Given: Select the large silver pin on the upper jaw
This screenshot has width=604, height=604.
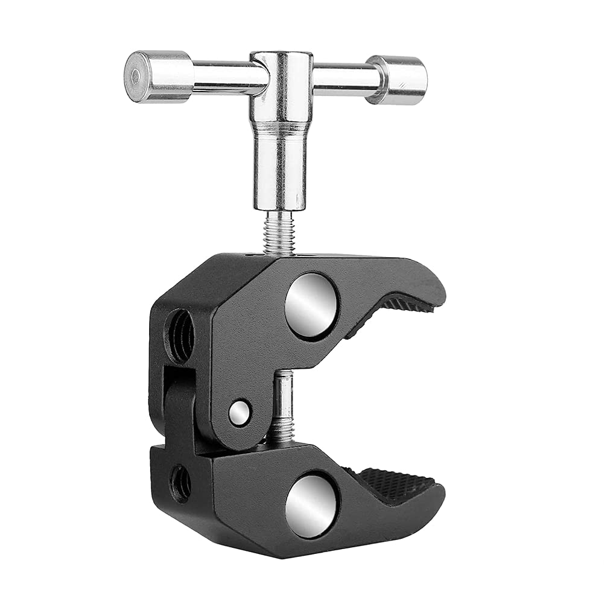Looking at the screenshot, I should pos(311,305).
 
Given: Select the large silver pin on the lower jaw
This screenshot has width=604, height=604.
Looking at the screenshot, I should pos(311,504).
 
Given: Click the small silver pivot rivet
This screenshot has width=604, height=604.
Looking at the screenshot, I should pos(240,413).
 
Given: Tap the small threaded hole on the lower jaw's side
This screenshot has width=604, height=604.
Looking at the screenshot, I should pos(180,483).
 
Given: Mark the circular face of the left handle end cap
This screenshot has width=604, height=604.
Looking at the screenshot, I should pos(136,77).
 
